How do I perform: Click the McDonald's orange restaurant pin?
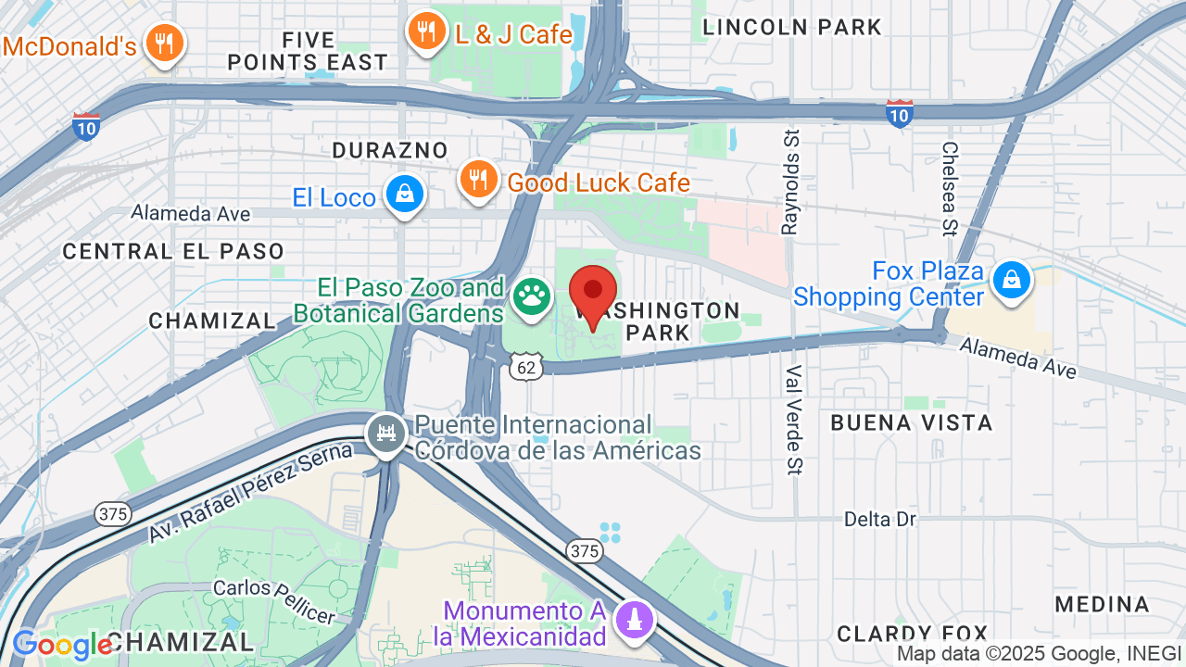click(x=165, y=43)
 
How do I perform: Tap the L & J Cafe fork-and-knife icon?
click(x=426, y=32)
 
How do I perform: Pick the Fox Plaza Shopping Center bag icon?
click(x=1012, y=280)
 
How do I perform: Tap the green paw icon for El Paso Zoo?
click(x=531, y=297)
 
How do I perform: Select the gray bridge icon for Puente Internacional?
click(x=386, y=433)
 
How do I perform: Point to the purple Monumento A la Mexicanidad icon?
click(x=634, y=618)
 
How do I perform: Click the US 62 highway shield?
click(x=525, y=367)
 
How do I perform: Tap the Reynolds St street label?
click(x=790, y=182)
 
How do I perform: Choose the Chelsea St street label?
click(x=949, y=188)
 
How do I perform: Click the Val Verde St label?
click(x=793, y=419)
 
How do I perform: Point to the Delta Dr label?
click(x=879, y=519)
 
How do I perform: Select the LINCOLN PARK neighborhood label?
click(x=792, y=28)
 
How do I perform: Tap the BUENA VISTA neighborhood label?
click(x=911, y=423)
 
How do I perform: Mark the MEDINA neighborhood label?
click(x=1102, y=605)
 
